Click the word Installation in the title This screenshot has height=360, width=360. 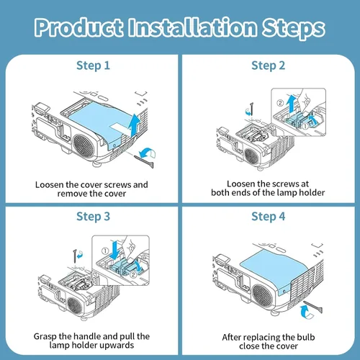pos(192,27)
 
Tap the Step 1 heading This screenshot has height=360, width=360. pos(93,66)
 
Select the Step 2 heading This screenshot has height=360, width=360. pos(269,66)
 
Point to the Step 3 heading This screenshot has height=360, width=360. pos(93,217)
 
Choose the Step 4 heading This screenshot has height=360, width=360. pos(269,217)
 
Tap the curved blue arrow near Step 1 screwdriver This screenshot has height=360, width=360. pos(148,153)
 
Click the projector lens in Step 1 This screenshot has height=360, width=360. pos(84,146)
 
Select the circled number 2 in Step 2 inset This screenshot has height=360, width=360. pos(280,103)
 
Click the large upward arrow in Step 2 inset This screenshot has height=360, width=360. pos(292,104)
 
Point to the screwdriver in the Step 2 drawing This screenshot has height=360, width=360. pos(251,109)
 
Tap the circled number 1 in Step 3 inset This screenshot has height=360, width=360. pos(105,251)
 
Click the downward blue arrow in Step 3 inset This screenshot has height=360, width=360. pos(115,251)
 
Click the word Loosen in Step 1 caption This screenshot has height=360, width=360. pos(50,185)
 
